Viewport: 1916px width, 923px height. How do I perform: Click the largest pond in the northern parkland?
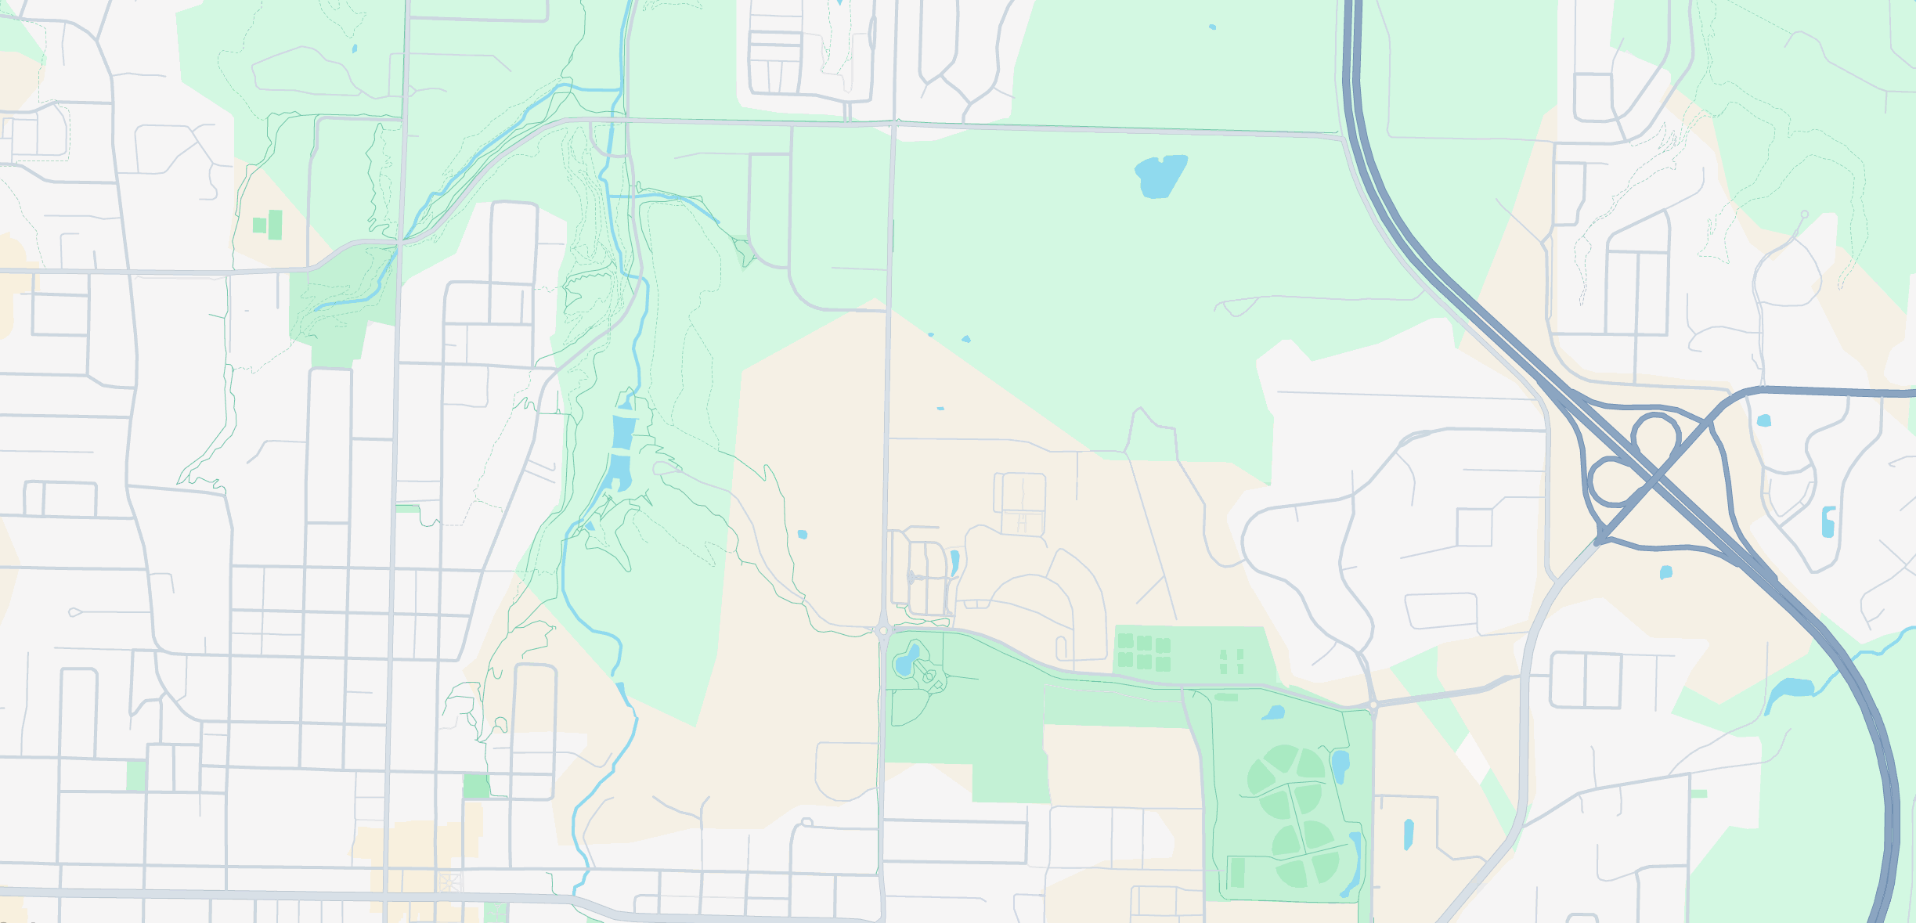coord(1160,176)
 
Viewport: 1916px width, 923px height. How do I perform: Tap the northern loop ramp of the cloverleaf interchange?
coord(1655,434)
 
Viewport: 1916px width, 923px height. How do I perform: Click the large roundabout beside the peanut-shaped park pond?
coord(884,630)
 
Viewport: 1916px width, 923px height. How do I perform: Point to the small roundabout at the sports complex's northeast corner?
coord(1373,705)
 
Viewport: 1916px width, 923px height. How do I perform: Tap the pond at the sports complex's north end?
coord(1273,713)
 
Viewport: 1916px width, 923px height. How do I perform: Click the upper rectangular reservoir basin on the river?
coord(622,431)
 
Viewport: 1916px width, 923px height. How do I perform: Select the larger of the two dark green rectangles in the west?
coord(275,225)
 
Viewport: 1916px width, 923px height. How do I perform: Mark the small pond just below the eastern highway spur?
coord(1763,420)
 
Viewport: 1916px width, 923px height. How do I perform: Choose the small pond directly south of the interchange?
coord(1666,572)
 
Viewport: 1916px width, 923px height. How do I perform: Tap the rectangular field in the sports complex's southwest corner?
coord(1237,872)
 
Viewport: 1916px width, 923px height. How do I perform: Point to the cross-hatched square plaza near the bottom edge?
coord(449,884)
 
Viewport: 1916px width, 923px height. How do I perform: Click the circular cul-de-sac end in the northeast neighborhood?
coord(1805,214)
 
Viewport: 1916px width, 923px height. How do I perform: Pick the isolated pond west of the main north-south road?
coord(802,535)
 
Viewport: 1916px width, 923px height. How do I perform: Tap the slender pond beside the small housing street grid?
coord(954,561)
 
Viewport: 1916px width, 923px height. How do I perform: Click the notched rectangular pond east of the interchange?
coord(1828,521)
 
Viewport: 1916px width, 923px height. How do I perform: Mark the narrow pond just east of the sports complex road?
coord(1409,835)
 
